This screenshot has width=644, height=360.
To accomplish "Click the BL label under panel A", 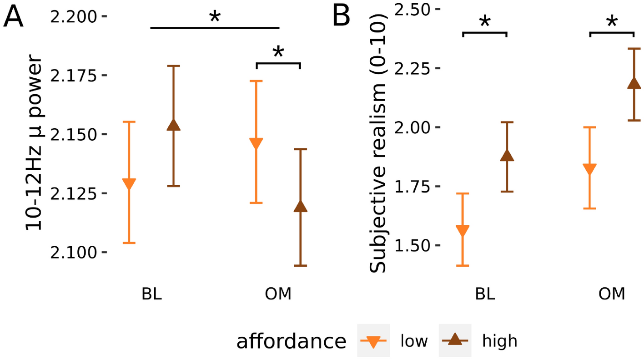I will (151, 294).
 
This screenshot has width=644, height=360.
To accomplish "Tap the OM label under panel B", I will (612, 294).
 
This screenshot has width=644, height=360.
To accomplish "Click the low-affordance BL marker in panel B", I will (463, 230).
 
